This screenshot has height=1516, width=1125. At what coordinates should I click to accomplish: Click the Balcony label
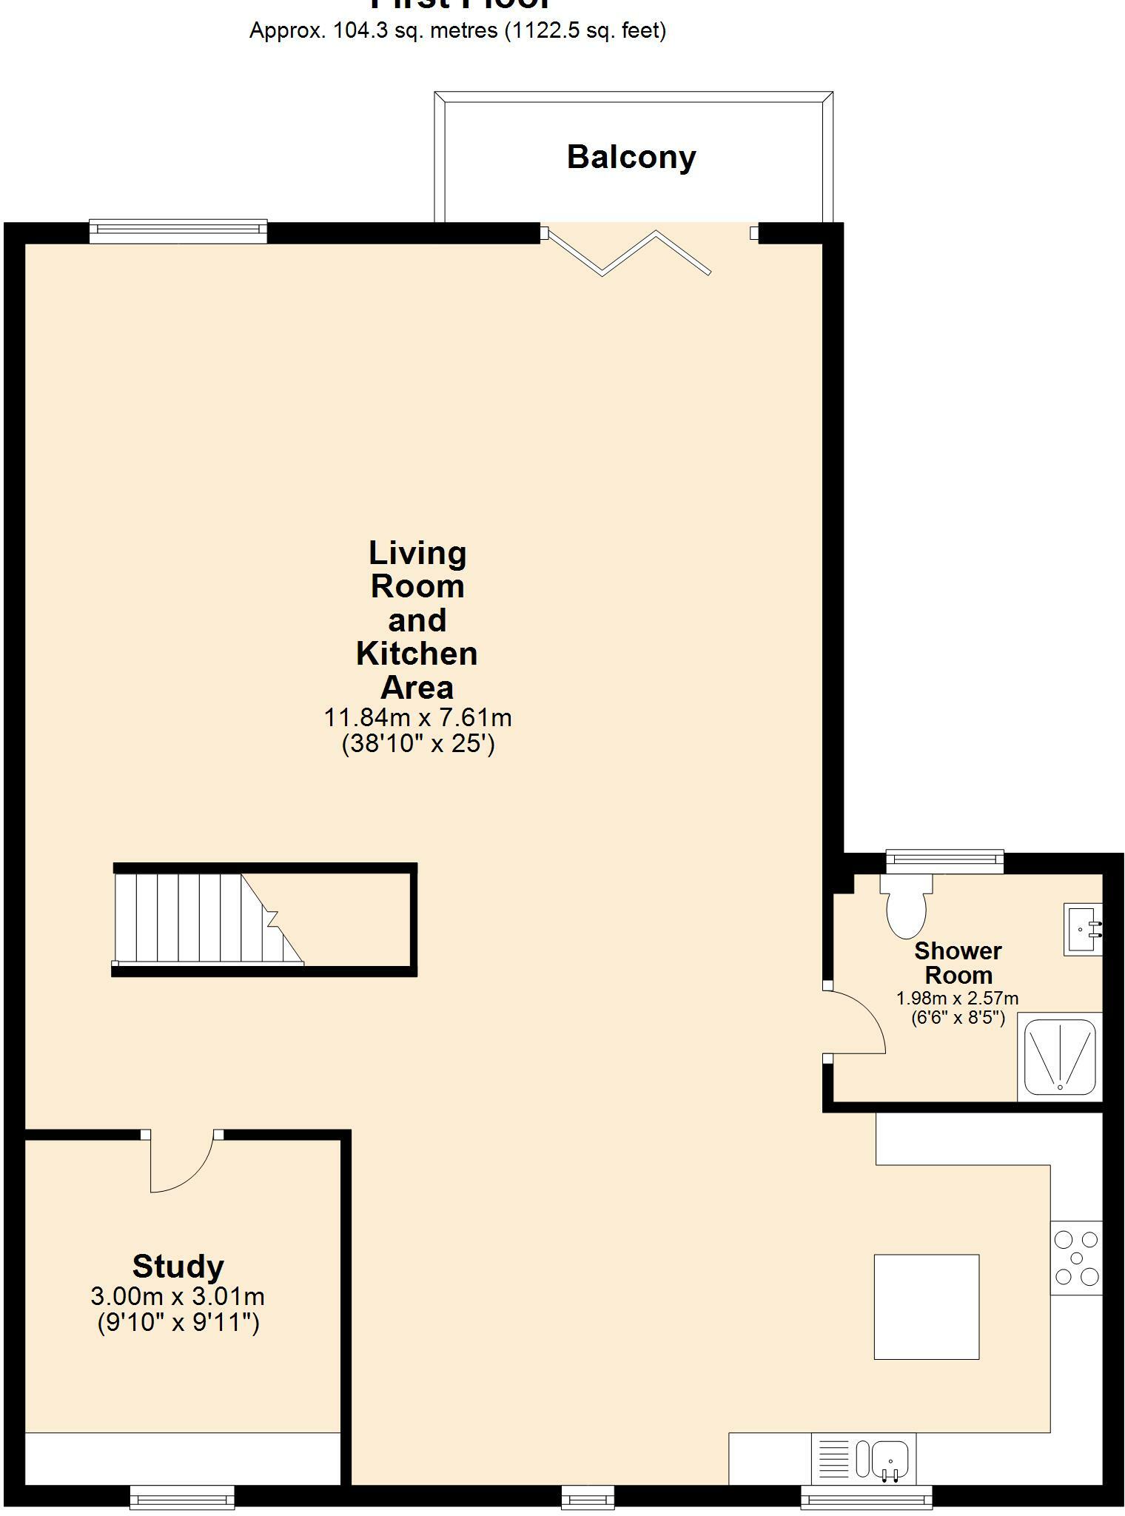[x=631, y=158]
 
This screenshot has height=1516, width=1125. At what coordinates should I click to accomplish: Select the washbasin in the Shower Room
[x=1083, y=928]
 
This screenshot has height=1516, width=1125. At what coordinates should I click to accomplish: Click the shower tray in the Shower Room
[x=1060, y=1056]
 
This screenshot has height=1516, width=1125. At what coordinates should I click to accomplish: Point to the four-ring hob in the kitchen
[x=1077, y=1258]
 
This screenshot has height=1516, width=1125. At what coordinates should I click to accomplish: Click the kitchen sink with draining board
[x=864, y=1459]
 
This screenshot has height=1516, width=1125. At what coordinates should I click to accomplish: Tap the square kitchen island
[x=926, y=1307]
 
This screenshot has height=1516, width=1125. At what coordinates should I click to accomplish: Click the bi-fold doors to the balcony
[x=626, y=252]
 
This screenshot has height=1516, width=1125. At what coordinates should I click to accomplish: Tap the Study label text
[x=178, y=1266]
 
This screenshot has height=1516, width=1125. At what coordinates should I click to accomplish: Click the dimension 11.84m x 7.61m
[x=417, y=717]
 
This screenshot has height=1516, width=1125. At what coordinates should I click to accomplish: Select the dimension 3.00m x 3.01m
[x=178, y=1296]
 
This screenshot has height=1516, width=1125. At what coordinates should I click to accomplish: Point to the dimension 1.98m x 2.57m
[x=957, y=998]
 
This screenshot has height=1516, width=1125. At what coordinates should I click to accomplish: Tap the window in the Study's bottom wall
[x=182, y=1497]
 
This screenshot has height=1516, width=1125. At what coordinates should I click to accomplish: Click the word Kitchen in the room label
[x=417, y=654]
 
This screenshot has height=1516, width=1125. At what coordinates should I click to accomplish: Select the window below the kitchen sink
[x=866, y=1497]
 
